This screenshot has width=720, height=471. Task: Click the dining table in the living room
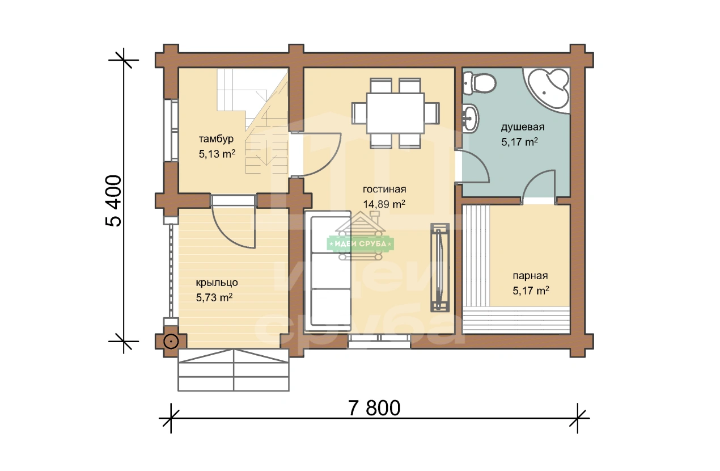[395, 113]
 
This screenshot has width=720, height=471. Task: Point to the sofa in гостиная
[328, 271]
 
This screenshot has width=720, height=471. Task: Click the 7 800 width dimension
[374, 408]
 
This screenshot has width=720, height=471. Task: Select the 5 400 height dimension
[114, 201]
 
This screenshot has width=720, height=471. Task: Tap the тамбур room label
[216, 139]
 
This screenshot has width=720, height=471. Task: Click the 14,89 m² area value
[384, 204]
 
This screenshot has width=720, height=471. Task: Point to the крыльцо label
[217, 283]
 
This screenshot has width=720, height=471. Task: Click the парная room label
[530, 276]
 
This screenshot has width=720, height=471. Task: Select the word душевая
[523, 127]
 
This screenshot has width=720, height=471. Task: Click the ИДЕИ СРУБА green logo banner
[361, 244]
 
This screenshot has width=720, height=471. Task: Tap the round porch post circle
[171, 342]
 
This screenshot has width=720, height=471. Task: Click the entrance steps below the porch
[234, 370]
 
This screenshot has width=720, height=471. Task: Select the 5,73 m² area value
[214, 297]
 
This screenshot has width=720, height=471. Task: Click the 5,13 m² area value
[217, 154]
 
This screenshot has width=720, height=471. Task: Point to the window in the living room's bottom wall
[379, 341]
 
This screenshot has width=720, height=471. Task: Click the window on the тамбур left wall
[171, 131]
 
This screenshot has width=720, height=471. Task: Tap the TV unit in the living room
[440, 268]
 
